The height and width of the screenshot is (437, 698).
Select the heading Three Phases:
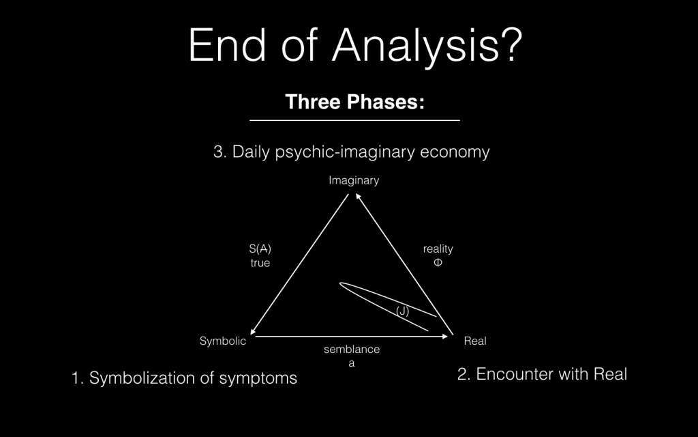pos(354,102)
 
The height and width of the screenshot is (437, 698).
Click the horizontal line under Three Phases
pos(354,120)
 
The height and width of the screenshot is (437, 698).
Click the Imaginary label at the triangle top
pos(354,180)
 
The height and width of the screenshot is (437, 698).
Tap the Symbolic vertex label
pos(223,341)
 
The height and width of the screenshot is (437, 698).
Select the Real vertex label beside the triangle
pos(475,341)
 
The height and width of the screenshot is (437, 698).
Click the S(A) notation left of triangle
pos(260,249)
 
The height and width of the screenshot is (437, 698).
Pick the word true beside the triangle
pos(260,263)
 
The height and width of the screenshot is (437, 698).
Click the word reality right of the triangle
pos(438,249)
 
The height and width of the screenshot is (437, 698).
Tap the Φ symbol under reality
pos(438,262)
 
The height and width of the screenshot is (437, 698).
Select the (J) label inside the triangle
pos(402,311)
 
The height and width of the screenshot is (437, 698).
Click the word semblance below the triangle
pos(352,349)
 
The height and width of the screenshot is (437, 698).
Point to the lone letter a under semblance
pos(352,363)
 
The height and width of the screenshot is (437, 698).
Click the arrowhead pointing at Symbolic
pos(252,331)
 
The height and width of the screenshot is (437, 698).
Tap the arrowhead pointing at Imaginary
pos(358,196)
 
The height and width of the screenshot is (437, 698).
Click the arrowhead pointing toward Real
pos(444,336)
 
